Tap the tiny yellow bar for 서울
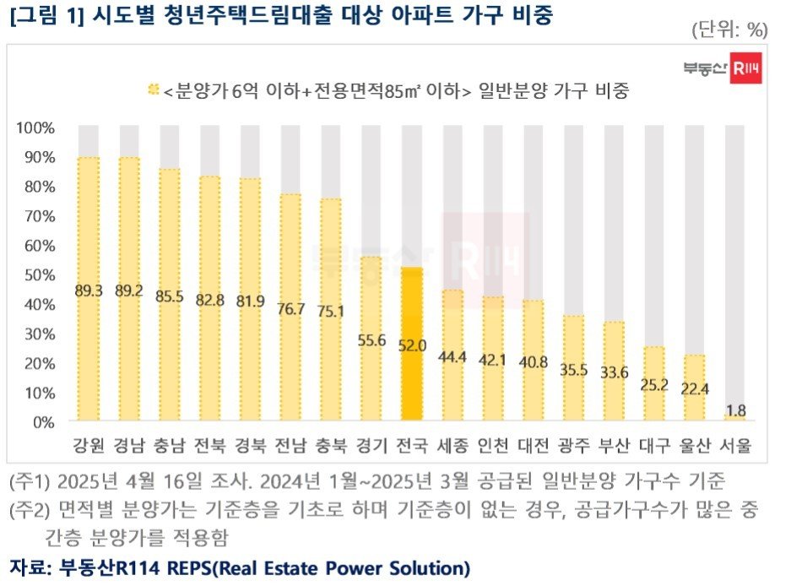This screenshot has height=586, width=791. pos(734,417)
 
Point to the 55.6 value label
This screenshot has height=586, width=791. pos(371,340)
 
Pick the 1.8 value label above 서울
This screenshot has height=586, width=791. pos(734,411)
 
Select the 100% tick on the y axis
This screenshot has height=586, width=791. pos(36,128)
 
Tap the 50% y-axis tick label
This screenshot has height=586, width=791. pos(38,274)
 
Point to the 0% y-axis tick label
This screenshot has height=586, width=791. pos(43,421)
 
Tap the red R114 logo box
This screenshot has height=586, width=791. pos(746,70)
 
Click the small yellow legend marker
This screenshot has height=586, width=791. pos(153,89)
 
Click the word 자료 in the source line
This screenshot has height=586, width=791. pos(28,565)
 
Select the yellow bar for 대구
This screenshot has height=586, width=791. pos(653,383)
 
